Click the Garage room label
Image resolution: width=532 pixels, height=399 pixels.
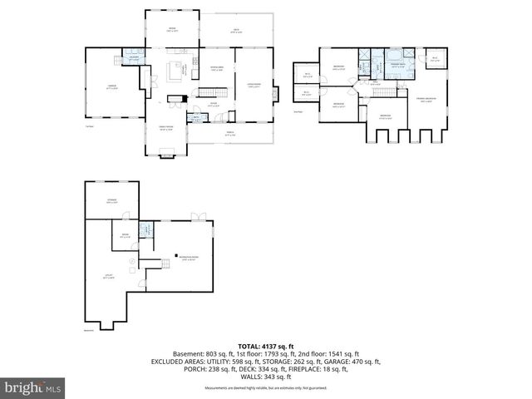[111, 85]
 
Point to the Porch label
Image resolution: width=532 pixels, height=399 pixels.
[230, 135]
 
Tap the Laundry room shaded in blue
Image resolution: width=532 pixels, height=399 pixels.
[133, 58]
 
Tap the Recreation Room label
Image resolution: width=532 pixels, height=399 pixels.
[188, 259]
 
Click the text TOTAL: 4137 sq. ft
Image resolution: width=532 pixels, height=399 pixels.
[266, 345]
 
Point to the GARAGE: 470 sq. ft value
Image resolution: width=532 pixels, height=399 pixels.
[354, 362]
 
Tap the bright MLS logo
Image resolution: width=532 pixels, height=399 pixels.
[33, 387]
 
